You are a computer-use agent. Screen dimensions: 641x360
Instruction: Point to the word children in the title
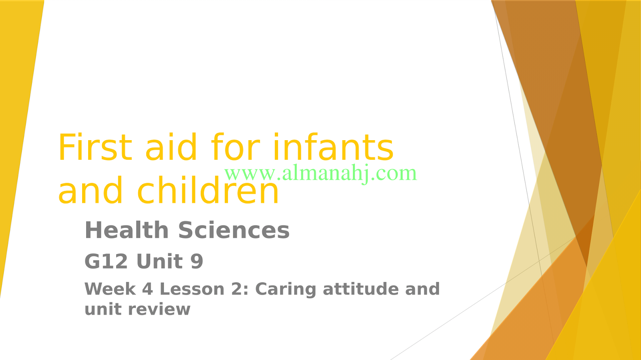pos(208,189)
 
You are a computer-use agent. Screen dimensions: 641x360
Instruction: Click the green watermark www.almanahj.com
pos(320,173)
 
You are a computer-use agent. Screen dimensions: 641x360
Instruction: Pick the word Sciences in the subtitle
pos(234,230)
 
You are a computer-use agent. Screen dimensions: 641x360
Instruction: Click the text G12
pos(106,261)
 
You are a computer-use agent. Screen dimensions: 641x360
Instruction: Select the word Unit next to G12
pos(160,261)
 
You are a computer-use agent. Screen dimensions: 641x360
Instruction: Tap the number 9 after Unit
pos(197,261)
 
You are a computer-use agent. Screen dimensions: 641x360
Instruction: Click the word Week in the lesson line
pos(110,289)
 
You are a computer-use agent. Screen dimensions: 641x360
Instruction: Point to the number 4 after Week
pos(148,289)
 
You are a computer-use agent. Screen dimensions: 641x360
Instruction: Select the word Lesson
pos(192,289)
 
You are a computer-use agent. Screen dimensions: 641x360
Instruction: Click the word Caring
pos(286,290)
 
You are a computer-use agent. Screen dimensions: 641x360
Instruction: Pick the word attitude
pos(361,289)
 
